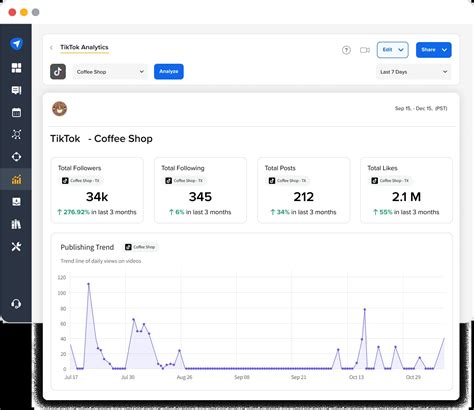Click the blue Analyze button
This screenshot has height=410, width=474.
point(168,72)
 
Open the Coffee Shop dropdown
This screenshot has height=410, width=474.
point(110,72)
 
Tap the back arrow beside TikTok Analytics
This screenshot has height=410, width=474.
point(51,48)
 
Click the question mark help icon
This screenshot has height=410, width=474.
point(346,49)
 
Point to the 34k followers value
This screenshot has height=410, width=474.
point(97,197)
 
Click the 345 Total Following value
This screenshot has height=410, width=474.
point(200,197)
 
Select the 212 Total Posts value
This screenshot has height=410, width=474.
point(304,197)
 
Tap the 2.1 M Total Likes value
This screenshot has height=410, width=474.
point(407,197)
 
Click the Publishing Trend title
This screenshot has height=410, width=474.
point(87,246)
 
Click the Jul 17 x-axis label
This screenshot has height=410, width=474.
point(71,377)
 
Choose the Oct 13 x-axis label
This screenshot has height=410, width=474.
point(357,377)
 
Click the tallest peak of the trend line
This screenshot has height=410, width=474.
point(89,284)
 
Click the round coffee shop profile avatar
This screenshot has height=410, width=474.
point(60,109)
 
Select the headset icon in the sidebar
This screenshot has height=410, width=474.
point(16,304)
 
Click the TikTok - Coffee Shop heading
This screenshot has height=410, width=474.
point(101,138)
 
